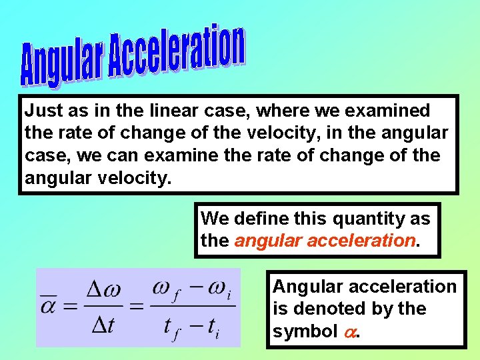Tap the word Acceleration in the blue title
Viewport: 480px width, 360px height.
pos(177,51)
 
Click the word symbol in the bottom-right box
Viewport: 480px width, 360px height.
pos(304,331)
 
